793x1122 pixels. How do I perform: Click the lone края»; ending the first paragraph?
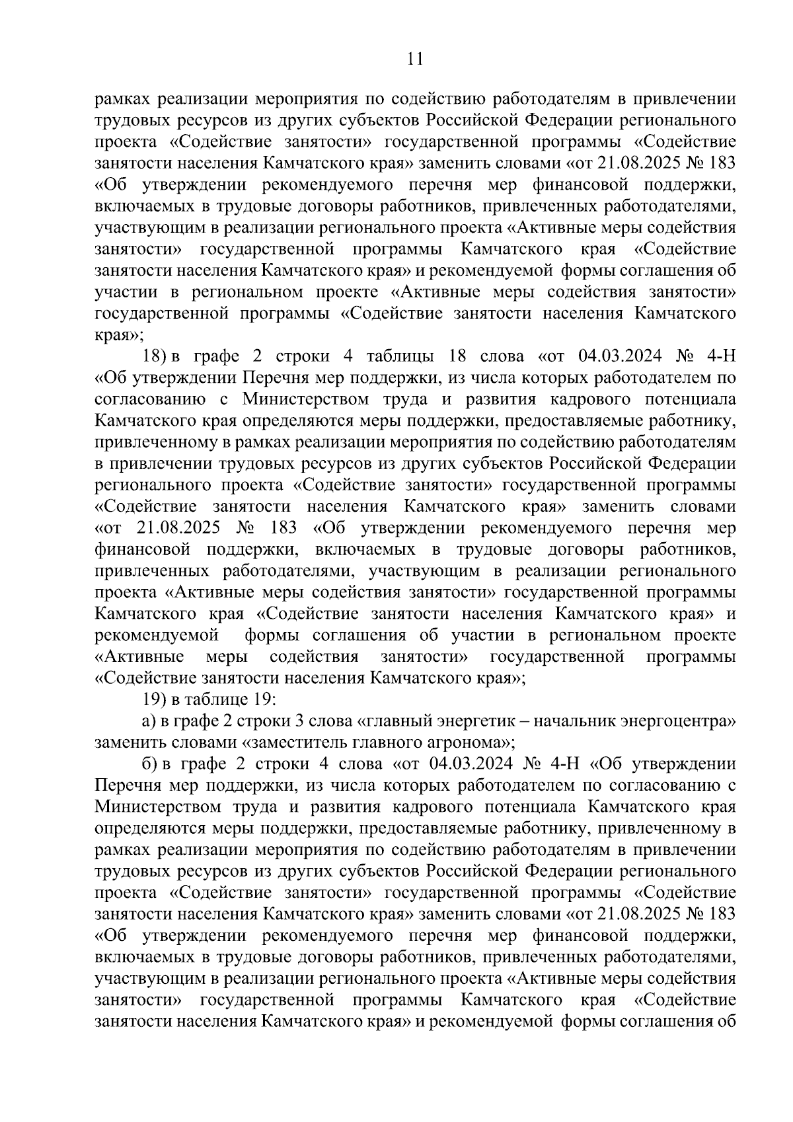click(119, 335)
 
